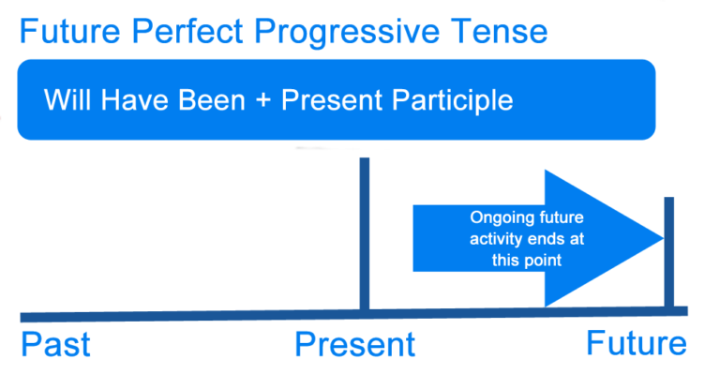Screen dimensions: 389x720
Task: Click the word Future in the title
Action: click(72, 33)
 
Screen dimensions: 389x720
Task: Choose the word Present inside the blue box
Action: click(337, 99)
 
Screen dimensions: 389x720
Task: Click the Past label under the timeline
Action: click(55, 344)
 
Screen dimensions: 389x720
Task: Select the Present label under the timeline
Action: click(354, 345)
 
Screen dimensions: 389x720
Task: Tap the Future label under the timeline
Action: click(637, 343)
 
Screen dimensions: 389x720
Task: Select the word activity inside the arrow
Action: click(496, 239)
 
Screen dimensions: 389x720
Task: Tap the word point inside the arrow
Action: click(543, 260)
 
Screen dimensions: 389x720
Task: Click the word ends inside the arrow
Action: click(547, 239)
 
